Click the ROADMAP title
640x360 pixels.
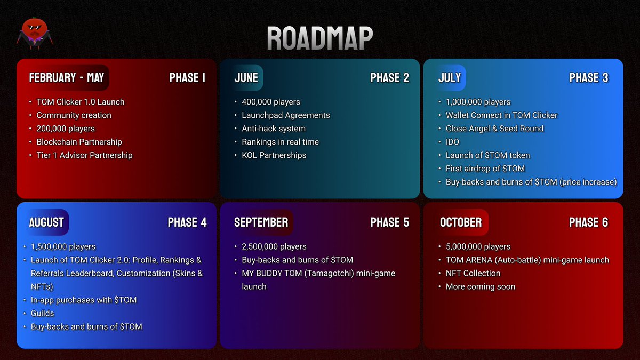pos(319,38)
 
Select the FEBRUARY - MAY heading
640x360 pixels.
pos(66,78)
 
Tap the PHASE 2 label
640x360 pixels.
pos(389,78)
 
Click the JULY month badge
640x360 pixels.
pos(450,78)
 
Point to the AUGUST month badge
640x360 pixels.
pos(46,222)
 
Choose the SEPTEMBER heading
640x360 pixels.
pos(261,222)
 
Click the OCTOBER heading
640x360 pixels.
pos(461,222)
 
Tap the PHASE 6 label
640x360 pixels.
pos(588,222)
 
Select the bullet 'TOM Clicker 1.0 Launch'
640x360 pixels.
pos(80,102)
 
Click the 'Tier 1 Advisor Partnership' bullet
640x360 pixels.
pos(84,155)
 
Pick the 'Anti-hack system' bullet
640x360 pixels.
pos(273,129)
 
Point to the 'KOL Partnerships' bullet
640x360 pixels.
pos(274,155)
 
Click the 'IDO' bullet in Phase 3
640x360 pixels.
pos(452,142)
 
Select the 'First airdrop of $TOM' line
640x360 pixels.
pos(485,169)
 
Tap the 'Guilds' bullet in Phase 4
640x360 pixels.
pos(42,313)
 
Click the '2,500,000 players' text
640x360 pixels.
pos(274,246)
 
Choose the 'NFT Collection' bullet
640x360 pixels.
pos(473,273)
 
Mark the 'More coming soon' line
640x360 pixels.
pos(480,286)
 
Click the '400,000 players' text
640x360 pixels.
pos(271,102)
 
